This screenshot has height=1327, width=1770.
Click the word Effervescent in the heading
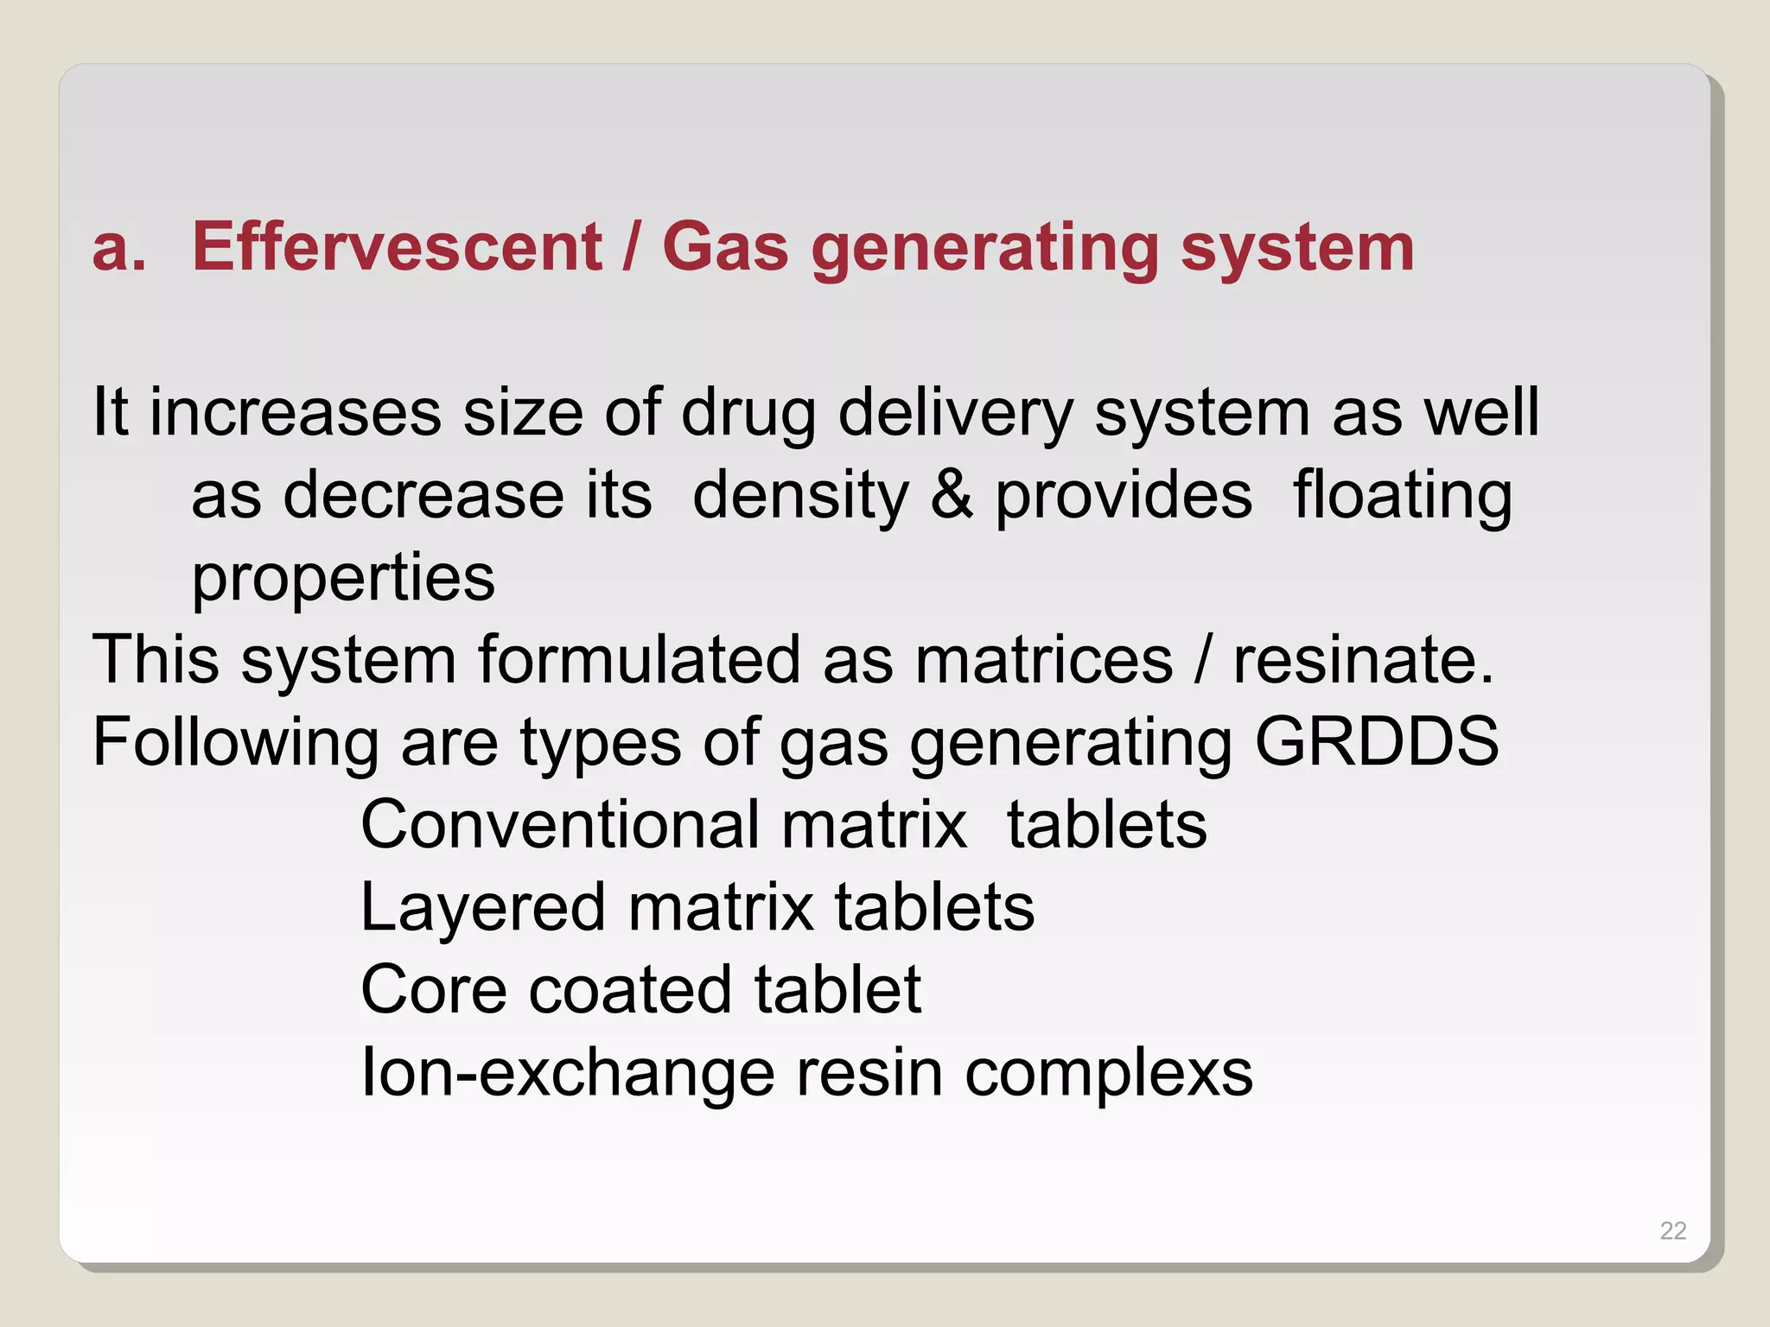(x=397, y=247)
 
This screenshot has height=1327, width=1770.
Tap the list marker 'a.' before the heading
(x=119, y=248)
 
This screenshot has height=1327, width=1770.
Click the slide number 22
(x=1673, y=1230)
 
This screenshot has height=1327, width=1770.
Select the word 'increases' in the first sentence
(x=296, y=412)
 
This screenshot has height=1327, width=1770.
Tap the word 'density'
(x=800, y=497)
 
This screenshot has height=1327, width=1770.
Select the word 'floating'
(x=1402, y=497)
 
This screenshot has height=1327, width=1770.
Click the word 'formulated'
(x=639, y=660)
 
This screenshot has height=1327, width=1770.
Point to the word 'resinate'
(x=1363, y=660)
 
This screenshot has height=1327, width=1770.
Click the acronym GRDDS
(x=1376, y=741)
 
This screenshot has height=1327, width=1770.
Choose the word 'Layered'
(x=482, y=907)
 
